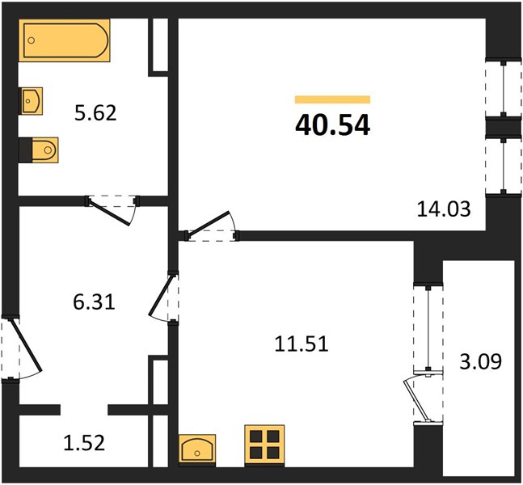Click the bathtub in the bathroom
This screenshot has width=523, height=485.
pyautogui.click(x=65, y=40)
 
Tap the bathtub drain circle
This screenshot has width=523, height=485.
pyautogui.click(x=32, y=40)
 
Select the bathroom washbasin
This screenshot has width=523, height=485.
pyautogui.click(x=32, y=101)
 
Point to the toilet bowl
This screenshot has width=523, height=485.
pyautogui.click(x=45, y=150)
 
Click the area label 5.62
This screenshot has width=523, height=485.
pyautogui.click(x=95, y=112)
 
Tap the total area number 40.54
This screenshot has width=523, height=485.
pyautogui.click(x=332, y=125)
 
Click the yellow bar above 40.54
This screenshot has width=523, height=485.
pyautogui.click(x=332, y=99)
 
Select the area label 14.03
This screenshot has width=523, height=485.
pyautogui.click(x=444, y=209)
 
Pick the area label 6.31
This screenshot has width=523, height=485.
pyautogui.click(x=94, y=302)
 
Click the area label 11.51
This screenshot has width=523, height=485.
pyautogui.click(x=302, y=344)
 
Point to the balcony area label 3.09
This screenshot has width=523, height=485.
pyautogui.click(x=481, y=361)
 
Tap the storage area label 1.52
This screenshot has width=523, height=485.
pyautogui.click(x=84, y=443)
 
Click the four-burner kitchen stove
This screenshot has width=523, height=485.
pyautogui.click(x=264, y=445)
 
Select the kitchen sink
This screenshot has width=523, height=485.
pyautogui.click(x=197, y=449)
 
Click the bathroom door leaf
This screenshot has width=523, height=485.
pyautogui.click(x=109, y=212)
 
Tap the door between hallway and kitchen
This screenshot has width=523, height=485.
pyautogui.click(x=162, y=295)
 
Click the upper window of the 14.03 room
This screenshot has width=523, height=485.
pyautogui.click(x=504, y=88)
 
